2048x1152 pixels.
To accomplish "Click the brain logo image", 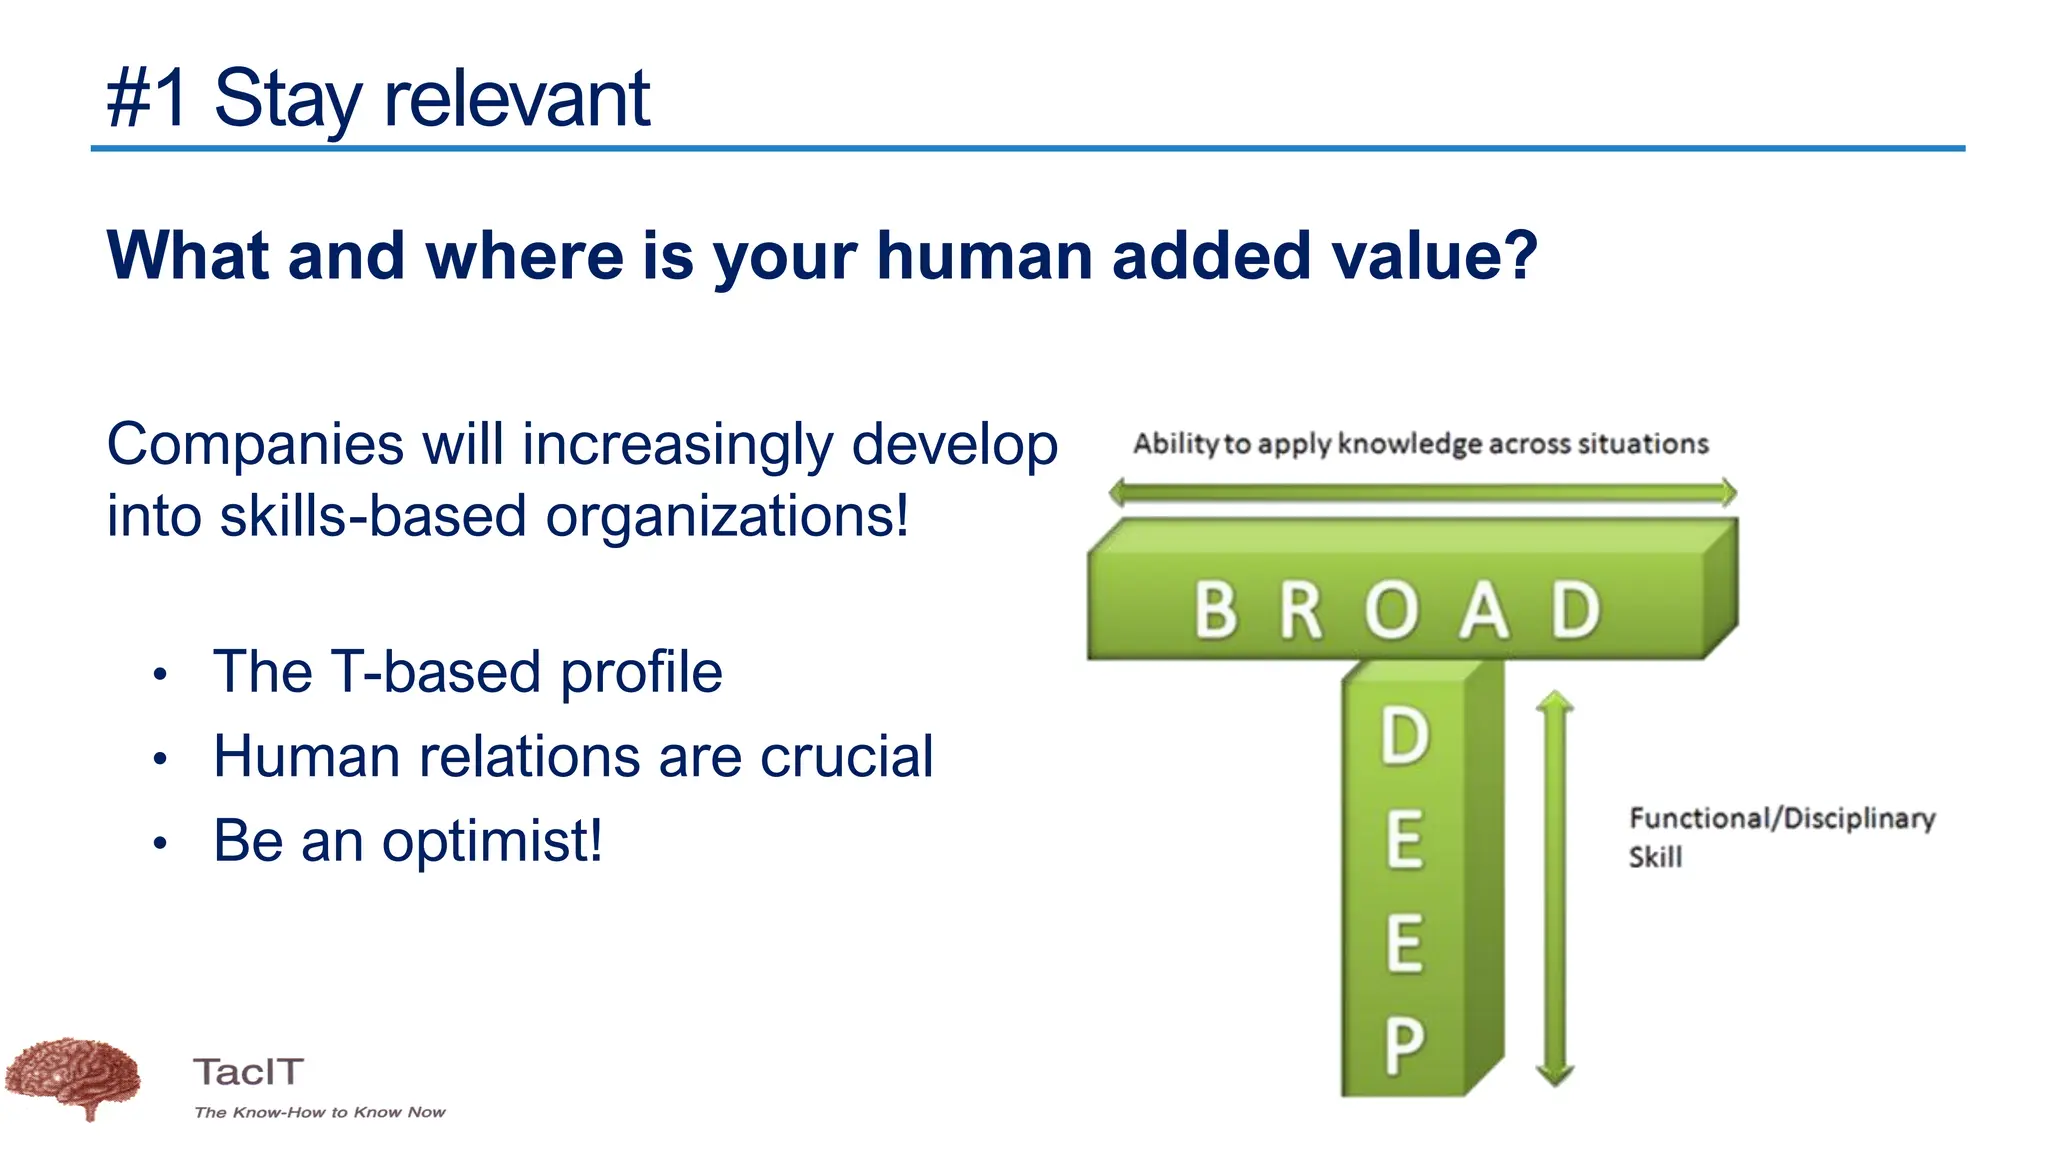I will pos(72,1077).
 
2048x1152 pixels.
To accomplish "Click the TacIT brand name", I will pos(248,1072).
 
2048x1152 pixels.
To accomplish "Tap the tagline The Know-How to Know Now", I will pos(320,1112).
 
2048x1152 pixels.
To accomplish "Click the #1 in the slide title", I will pos(147,98).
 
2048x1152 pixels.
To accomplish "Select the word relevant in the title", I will pos(517,98).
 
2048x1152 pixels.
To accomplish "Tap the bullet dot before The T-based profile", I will pos(160,674).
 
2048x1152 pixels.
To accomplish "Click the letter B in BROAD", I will pos(1216,609).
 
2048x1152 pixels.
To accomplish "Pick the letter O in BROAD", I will pos(1391,609).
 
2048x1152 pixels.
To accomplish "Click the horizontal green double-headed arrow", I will pos(1422,492).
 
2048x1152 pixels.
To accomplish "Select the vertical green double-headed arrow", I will pos(1554,888).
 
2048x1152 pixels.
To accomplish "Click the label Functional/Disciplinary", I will pos(1782,818).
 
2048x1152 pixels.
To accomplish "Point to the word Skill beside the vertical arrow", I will pos(1655,857).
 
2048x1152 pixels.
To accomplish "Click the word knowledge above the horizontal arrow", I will pos(1410,443).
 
